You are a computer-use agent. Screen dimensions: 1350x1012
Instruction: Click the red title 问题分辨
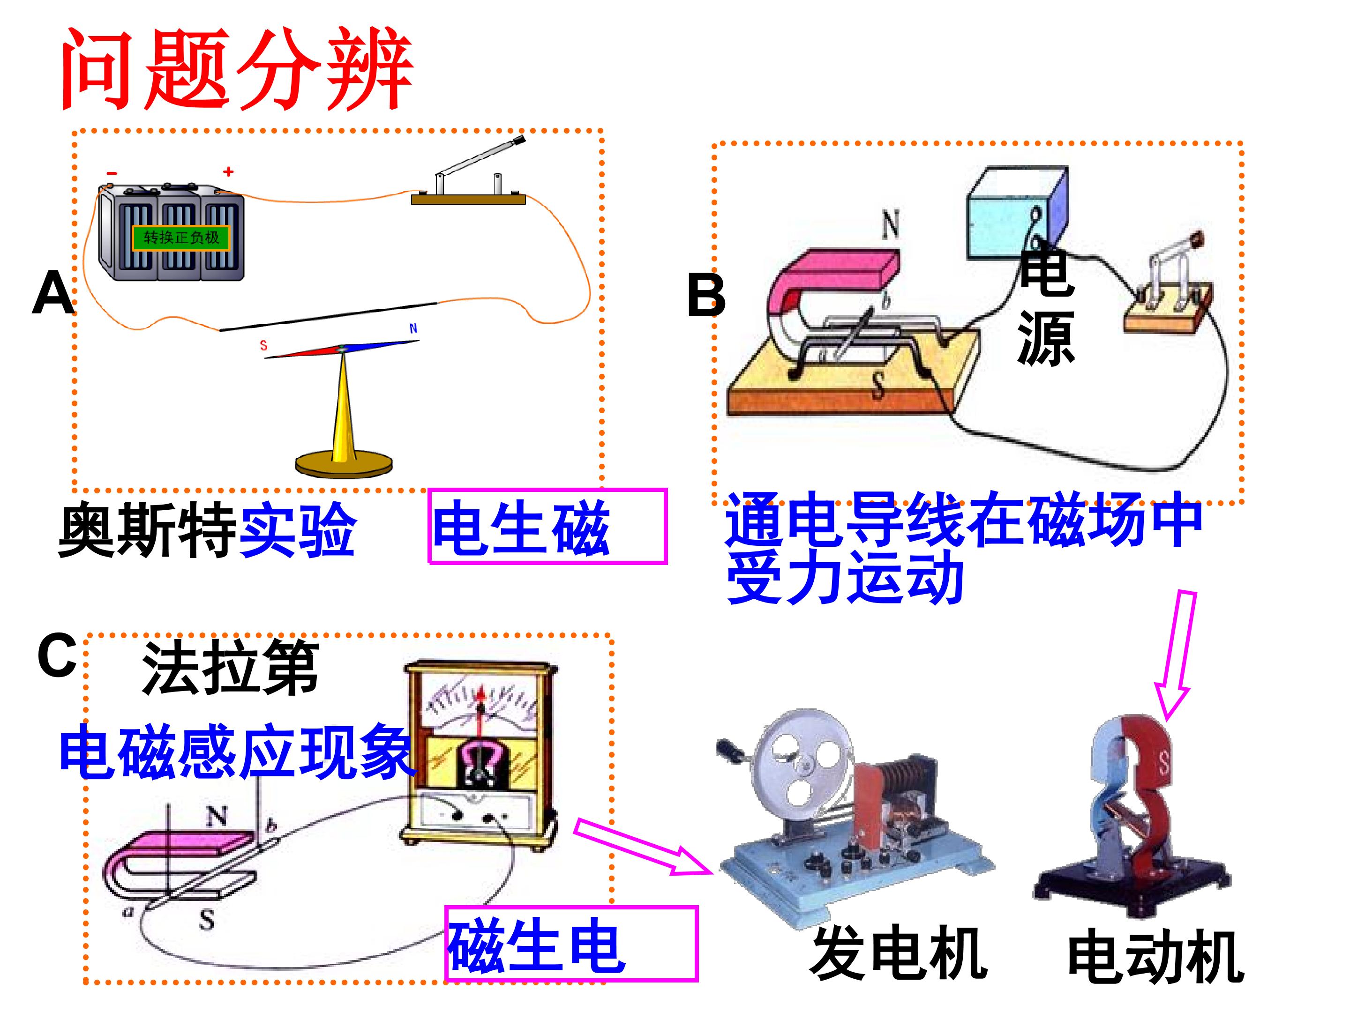237,69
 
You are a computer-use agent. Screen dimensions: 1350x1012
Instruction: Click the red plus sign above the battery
229,172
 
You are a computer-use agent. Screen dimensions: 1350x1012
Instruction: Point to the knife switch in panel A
469,173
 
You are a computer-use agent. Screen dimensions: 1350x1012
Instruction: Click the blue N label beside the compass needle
413,328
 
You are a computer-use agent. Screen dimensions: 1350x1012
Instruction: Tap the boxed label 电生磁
547,526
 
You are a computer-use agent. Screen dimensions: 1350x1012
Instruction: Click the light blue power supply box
1017,211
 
